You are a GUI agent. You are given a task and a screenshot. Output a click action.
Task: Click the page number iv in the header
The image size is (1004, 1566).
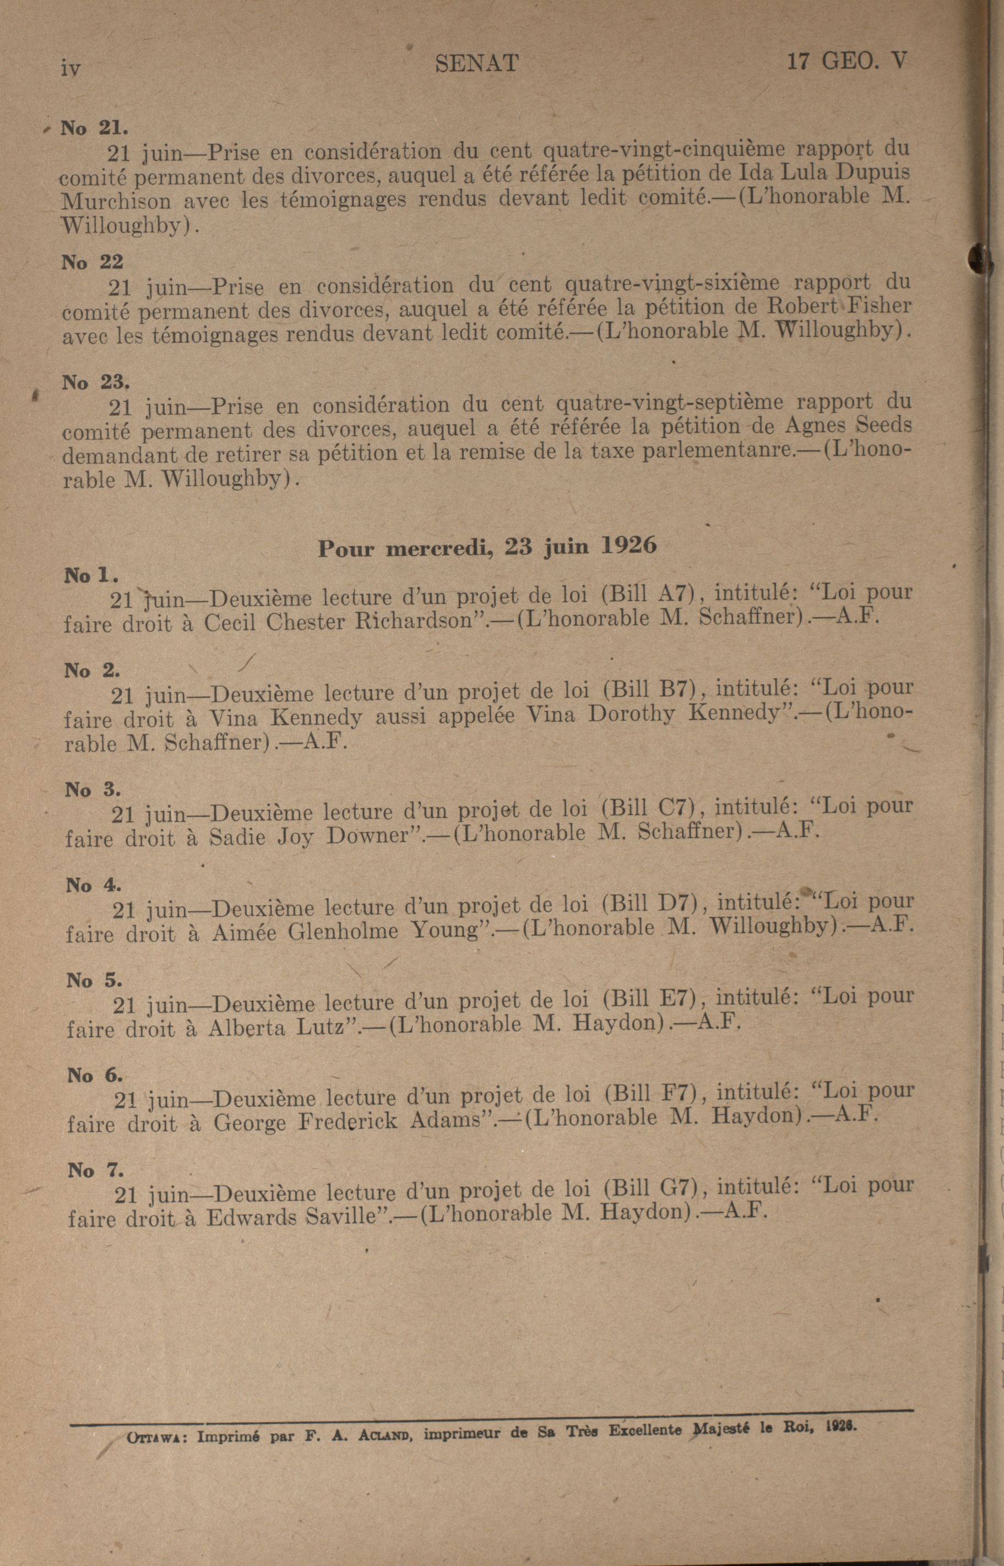(x=70, y=67)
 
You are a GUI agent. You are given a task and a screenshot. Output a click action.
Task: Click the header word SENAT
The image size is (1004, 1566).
(x=476, y=63)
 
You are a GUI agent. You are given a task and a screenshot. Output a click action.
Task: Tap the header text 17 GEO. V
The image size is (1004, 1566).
(x=846, y=61)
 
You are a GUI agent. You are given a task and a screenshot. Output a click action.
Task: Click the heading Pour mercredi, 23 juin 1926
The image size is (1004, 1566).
(x=487, y=547)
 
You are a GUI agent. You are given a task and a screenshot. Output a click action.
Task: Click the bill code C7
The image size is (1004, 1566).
(x=674, y=808)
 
